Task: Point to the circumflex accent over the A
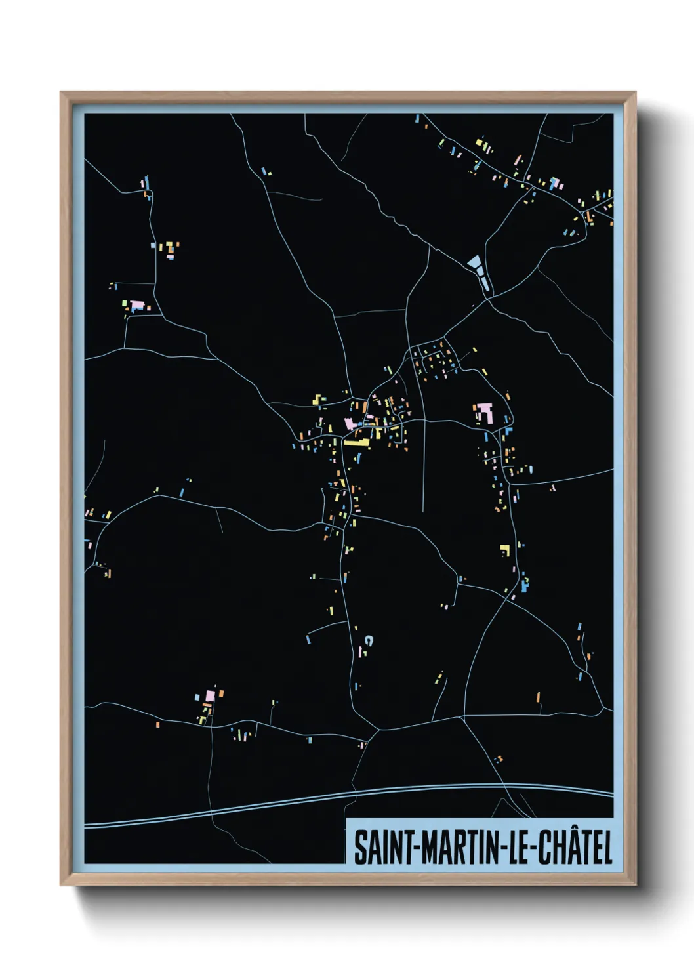tap(566, 831)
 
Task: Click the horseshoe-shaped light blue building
tap(369, 639)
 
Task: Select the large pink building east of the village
tap(484, 413)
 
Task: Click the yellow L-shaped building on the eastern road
tap(504, 549)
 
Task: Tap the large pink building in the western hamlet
tap(137, 306)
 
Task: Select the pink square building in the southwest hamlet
tap(211, 694)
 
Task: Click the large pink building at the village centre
tap(351, 423)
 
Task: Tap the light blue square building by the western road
tap(182, 491)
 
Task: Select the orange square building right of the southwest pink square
tap(221, 693)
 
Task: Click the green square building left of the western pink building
tap(125, 304)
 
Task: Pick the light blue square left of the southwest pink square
tap(197, 696)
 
